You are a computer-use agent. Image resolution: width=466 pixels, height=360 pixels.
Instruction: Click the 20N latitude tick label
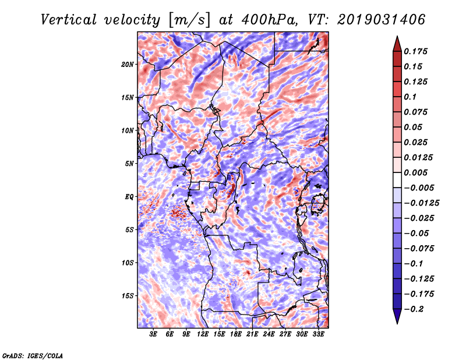coord(128,64)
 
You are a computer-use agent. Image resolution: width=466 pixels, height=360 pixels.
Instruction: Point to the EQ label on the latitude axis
coord(129,196)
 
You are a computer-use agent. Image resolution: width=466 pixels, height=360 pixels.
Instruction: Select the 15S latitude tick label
coord(128,295)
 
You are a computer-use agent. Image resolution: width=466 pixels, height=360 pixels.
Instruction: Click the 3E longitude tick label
coord(154,334)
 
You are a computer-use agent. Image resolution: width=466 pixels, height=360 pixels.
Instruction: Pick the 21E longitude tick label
coord(253,334)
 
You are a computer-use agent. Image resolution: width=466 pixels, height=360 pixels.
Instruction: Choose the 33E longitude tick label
coord(319,334)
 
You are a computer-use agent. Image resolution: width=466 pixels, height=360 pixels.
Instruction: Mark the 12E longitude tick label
coord(203,334)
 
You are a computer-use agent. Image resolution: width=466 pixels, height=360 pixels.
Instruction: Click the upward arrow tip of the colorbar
coord(397,38)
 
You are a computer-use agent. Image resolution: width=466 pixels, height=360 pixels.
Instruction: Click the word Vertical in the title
coord(69,19)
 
